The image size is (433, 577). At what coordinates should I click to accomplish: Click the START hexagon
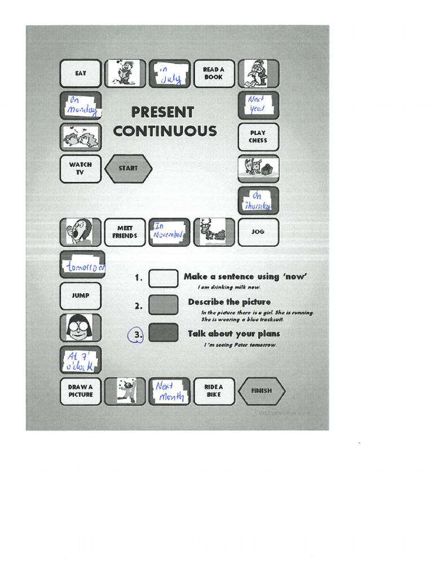click(x=128, y=168)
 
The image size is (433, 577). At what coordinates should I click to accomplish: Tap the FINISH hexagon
click(x=261, y=391)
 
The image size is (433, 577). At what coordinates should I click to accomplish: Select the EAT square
click(x=81, y=74)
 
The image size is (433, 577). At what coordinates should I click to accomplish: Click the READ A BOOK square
click(x=214, y=74)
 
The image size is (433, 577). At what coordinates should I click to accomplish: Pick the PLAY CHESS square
click(x=258, y=137)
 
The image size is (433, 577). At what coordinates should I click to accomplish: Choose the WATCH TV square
click(x=81, y=169)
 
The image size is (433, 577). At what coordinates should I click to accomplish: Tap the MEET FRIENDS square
click(x=125, y=232)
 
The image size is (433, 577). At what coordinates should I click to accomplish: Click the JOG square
click(x=258, y=232)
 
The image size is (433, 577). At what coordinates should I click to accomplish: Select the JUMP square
click(x=81, y=296)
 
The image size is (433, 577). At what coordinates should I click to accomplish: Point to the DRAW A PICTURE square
click(x=81, y=391)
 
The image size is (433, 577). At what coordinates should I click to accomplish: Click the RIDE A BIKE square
click(x=214, y=391)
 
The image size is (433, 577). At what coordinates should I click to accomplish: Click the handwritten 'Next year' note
click(x=257, y=105)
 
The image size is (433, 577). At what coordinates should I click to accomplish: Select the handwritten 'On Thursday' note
click(x=258, y=201)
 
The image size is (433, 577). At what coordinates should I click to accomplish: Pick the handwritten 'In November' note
click(x=169, y=232)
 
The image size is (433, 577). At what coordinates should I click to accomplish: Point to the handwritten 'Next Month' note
click(x=169, y=391)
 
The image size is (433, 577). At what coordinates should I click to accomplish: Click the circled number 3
click(x=135, y=336)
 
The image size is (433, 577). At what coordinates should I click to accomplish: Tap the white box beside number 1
click(x=163, y=278)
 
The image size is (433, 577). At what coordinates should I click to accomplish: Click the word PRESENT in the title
click(x=162, y=113)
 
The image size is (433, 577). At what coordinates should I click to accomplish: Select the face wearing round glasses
click(x=79, y=327)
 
